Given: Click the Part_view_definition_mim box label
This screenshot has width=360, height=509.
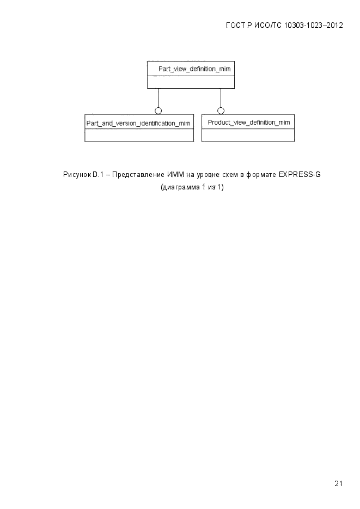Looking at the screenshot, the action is click(x=194, y=69).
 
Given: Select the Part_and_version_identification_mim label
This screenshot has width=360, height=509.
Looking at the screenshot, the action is click(x=138, y=124).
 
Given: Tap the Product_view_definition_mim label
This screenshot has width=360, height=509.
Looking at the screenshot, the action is click(x=249, y=122).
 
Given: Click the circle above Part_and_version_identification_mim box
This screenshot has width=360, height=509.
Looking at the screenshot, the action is click(x=158, y=111).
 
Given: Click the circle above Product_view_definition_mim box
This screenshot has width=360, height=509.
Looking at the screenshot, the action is click(x=221, y=111).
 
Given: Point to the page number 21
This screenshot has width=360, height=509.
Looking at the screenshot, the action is click(x=338, y=483).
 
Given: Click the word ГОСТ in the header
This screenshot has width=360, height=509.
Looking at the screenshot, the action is click(x=236, y=26).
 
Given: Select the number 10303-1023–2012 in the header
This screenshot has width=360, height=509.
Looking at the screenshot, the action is click(x=313, y=26).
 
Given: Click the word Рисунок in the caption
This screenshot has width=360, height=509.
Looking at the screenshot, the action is click(x=77, y=175).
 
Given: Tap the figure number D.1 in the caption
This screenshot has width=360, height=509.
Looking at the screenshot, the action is click(x=98, y=175).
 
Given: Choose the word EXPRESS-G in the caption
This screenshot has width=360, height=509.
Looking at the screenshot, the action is click(x=300, y=175).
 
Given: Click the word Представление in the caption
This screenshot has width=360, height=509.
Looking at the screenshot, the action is click(x=138, y=175).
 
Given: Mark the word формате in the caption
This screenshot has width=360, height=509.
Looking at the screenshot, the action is click(x=261, y=175).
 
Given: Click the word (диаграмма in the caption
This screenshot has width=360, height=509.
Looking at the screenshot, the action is click(x=180, y=187).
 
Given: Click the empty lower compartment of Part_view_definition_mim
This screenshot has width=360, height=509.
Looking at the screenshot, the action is click(x=191, y=82).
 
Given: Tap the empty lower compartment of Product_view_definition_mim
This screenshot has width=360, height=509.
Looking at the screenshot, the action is click(x=248, y=135).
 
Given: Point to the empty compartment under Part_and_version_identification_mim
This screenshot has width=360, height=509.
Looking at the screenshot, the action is click(x=139, y=135).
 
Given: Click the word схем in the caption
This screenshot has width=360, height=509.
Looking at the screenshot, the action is click(x=230, y=175).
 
